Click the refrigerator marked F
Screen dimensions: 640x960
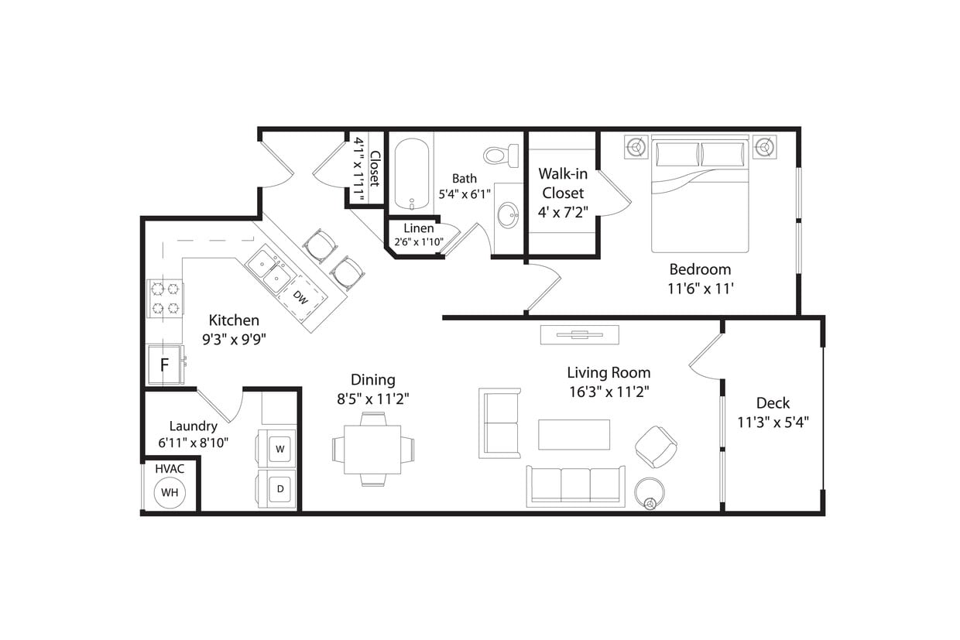click(164, 364)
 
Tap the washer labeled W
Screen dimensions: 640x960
click(280, 448)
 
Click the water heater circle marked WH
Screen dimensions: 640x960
click(170, 492)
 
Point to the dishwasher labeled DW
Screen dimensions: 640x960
click(301, 296)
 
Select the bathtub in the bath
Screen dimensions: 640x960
click(410, 174)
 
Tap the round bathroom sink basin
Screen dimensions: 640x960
click(509, 216)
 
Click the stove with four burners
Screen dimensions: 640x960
click(166, 299)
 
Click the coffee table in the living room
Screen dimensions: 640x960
click(574, 434)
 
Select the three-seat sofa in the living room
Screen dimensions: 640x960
click(575, 486)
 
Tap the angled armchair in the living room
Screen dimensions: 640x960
click(656, 447)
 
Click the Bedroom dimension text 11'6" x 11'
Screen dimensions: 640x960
click(701, 289)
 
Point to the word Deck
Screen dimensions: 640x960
click(773, 402)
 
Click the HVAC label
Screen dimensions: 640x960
click(170, 469)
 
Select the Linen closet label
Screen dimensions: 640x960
click(419, 228)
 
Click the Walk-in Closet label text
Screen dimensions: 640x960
click(563, 183)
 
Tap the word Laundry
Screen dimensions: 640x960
click(193, 426)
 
